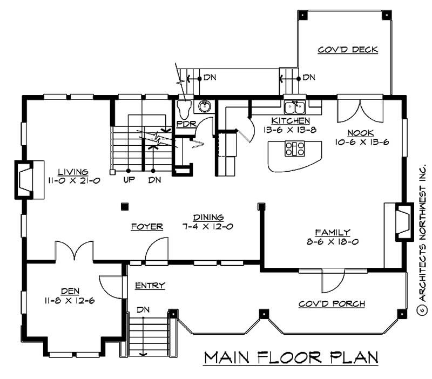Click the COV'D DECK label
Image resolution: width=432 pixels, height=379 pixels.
[347, 50]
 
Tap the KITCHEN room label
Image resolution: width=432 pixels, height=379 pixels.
[291, 121]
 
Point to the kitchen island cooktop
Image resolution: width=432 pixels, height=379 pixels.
[295, 148]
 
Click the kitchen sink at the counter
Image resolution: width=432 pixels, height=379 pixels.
[295, 105]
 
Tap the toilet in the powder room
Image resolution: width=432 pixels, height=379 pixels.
[184, 110]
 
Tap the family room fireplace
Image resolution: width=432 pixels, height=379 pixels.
[401, 220]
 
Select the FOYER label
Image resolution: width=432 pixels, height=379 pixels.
[147, 227]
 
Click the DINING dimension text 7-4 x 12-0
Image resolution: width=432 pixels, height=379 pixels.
[207, 227]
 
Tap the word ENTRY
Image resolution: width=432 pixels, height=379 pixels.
[150, 285]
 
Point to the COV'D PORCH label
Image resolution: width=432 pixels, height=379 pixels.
[332, 304]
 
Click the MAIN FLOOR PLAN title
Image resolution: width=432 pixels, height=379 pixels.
[291, 358]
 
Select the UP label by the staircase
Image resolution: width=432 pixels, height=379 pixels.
[129, 179]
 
